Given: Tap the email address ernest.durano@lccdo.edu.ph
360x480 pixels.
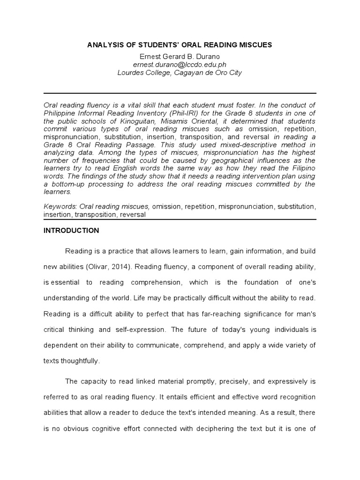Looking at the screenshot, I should tap(180, 65).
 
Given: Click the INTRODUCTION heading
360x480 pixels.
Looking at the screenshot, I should tap(71, 231).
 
